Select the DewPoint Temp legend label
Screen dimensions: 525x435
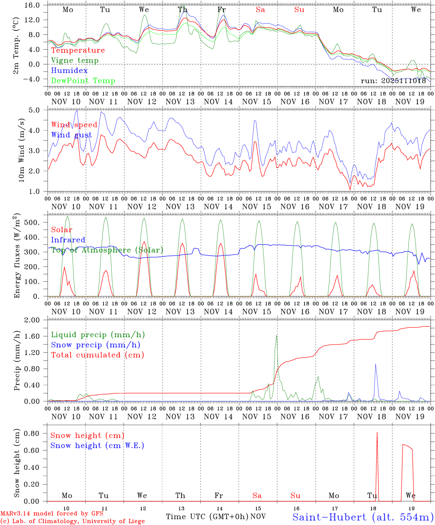tap(83, 81)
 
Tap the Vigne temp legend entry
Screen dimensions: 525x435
tap(75, 61)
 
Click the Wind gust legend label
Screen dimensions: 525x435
tap(72, 135)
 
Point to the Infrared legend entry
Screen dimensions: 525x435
tap(68, 240)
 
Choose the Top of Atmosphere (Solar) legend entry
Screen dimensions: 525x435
tap(107, 250)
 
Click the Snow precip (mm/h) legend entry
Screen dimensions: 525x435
tap(96, 345)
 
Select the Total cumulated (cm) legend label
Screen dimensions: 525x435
tap(98, 355)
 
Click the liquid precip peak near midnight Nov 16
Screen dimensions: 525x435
tap(277, 335)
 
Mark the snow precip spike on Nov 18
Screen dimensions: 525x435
tap(375, 364)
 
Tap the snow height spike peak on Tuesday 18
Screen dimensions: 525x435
tap(377, 433)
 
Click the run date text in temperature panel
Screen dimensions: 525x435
tap(393, 81)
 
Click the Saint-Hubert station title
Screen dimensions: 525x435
tap(363, 517)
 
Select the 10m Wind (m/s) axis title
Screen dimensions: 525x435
tap(21, 149)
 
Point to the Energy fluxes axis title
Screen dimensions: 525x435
tap(17, 255)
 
